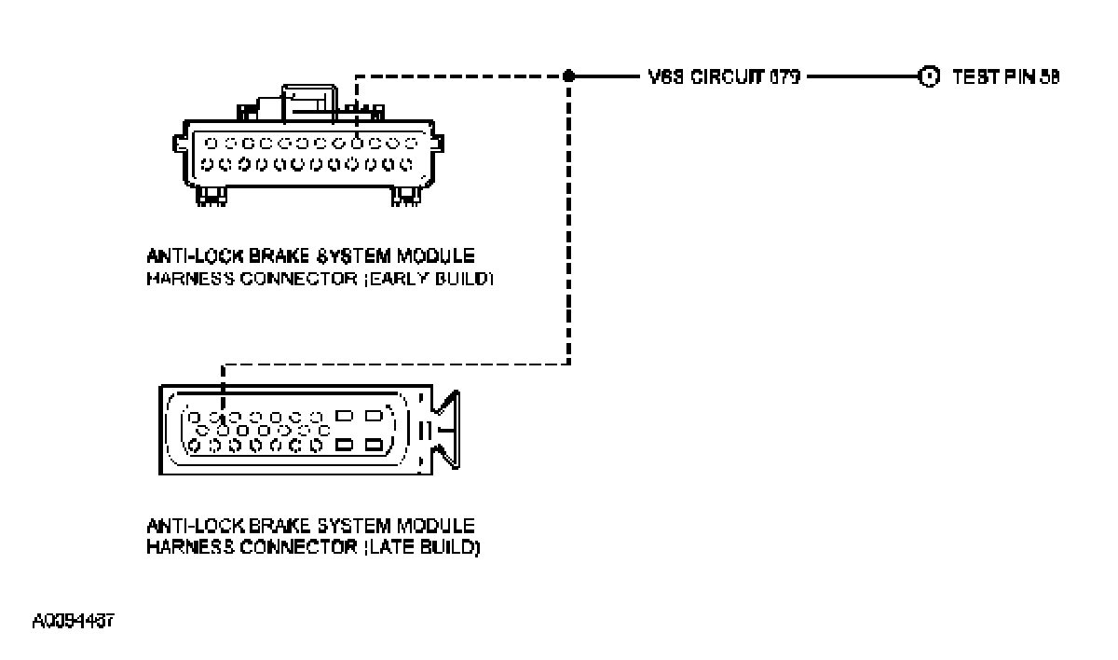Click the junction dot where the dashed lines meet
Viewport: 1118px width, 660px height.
pyautogui.click(x=568, y=76)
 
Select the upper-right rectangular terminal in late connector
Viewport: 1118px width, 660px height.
pyautogui.click(x=374, y=416)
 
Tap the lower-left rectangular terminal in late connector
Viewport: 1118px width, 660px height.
pyautogui.click(x=344, y=446)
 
